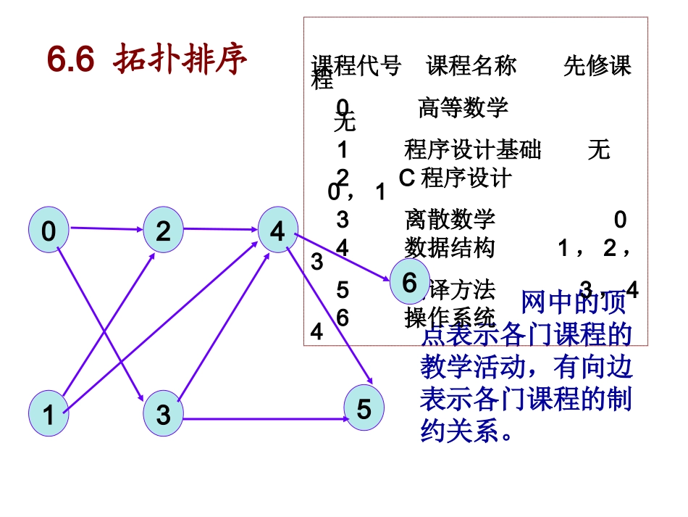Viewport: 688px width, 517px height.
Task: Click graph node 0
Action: [x=49, y=231]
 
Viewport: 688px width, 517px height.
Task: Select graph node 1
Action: [x=49, y=413]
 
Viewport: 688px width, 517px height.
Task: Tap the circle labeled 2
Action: [x=164, y=231]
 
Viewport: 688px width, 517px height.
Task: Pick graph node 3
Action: [x=164, y=415]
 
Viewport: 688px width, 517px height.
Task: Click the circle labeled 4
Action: [x=278, y=231]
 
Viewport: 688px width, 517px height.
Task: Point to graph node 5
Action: [x=364, y=409]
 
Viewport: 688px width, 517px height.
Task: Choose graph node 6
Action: [x=410, y=283]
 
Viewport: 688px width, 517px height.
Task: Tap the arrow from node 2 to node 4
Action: [x=221, y=229]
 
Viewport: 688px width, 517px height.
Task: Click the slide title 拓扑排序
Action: [x=180, y=60]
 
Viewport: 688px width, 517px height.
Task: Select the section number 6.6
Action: [x=70, y=60]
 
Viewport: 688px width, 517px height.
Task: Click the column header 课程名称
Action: [x=471, y=66]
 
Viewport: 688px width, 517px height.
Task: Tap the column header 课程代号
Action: [x=356, y=66]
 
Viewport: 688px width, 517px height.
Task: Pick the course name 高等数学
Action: [x=463, y=108]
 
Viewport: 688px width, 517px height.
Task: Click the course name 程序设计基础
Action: [x=472, y=150]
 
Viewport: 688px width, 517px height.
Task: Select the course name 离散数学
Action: [x=450, y=218]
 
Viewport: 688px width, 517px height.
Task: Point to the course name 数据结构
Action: [x=450, y=248]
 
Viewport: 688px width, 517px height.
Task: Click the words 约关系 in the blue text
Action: [x=459, y=432]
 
